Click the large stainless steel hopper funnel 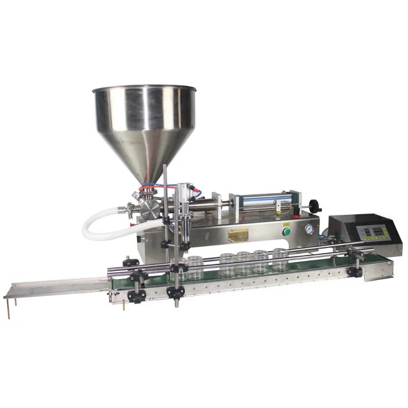[144, 121]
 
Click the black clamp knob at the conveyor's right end [354, 272]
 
